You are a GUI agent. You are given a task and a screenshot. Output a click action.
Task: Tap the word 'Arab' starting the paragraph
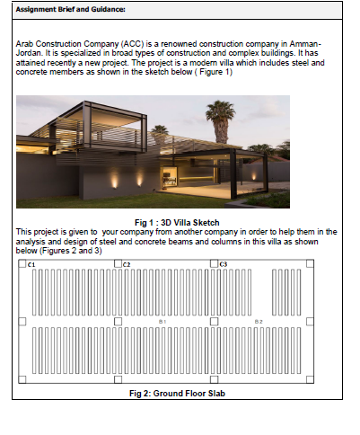tap(25, 43)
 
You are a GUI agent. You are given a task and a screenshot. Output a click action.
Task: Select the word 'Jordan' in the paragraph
tap(30, 51)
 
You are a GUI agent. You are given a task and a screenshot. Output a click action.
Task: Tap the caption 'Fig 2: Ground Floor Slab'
tap(176, 393)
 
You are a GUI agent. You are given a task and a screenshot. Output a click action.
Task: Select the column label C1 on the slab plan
tap(31, 265)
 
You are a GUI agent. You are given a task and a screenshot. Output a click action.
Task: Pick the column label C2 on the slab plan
tap(127, 265)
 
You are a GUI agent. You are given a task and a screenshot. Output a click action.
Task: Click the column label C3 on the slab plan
tap(224, 265)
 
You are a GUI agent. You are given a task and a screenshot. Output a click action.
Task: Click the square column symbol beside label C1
tap(22, 265)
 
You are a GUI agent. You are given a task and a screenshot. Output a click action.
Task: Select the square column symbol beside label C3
tap(214, 265)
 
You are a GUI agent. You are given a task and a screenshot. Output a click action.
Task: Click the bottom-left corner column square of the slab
tap(22, 380)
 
